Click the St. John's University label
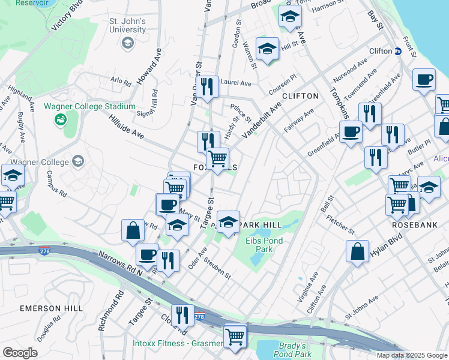coord(127,25)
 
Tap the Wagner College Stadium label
coord(90,106)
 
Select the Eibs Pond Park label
coord(264,244)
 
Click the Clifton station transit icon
coord(397,51)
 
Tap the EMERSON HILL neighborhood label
coord(50,308)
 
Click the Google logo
coord(20,352)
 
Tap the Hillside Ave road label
coord(126,127)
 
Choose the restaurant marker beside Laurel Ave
coord(207,86)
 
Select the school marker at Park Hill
coord(228,222)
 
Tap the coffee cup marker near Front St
coord(424,80)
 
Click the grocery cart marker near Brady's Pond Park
coord(235,335)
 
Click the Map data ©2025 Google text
coord(411,355)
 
